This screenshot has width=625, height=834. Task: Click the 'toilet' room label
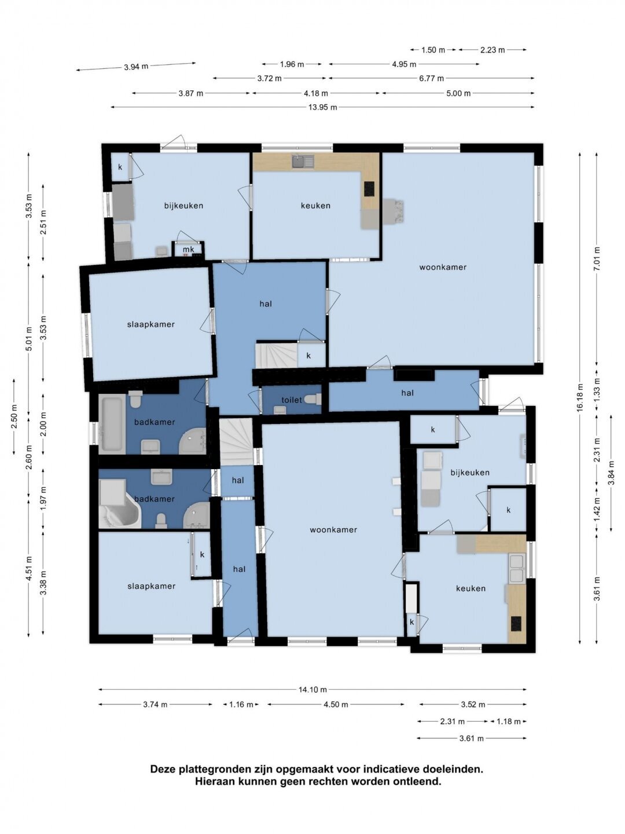click(x=292, y=400)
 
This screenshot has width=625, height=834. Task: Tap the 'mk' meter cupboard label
click(x=189, y=249)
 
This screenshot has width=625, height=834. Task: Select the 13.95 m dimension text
click(x=322, y=107)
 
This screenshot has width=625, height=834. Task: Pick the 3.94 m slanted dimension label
click(x=136, y=67)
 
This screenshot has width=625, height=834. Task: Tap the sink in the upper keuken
click(x=303, y=162)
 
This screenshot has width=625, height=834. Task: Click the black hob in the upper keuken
click(x=369, y=189)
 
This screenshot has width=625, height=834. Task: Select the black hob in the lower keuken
click(x=516, y=623)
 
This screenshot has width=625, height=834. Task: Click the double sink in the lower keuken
click(x=516, y=569)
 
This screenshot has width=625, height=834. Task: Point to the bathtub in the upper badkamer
click(x=112, y=424)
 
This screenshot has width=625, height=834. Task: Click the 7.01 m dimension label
click(x=597, y=259)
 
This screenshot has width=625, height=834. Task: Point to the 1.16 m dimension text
click(x=241, y=704)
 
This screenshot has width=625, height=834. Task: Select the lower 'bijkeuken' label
click(x=470, y=473)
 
